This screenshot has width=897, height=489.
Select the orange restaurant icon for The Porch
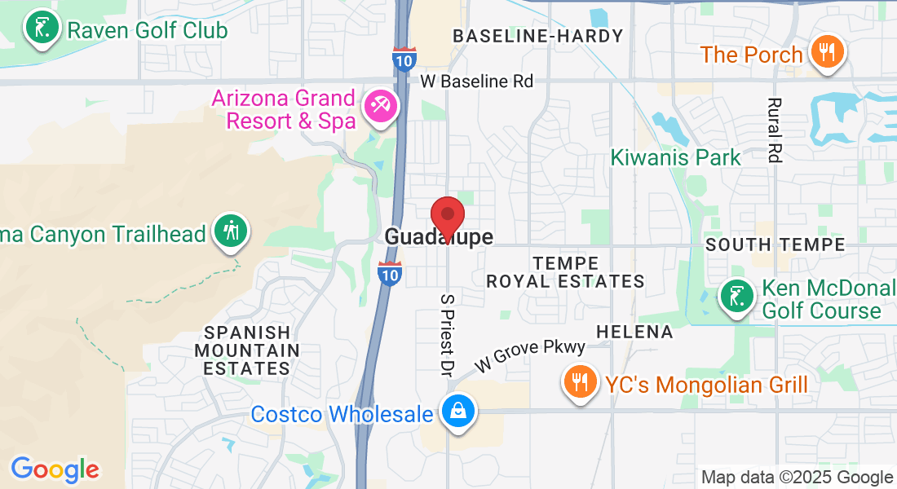[x=828, y=53]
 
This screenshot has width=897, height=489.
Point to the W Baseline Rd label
[x=476, y=81]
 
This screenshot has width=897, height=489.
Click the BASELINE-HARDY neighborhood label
[x=537, y=36]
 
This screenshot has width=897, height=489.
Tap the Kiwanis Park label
[x=676, y=157]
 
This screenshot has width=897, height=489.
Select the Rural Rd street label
[x=775, y=130]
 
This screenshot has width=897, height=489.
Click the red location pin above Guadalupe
[x=447, y=216]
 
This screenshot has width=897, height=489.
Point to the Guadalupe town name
[x=439, y=237]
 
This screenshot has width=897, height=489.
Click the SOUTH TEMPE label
[x=775, y=244]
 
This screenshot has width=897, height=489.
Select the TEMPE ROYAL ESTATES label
[x=565, y=272]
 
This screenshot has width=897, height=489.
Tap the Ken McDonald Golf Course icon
[x=736, y=297]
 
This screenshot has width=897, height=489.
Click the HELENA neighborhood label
[x=634, y=332]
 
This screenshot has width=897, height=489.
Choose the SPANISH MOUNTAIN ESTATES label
[x=246, y=350]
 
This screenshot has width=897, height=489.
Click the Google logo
[x=55, y=469]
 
